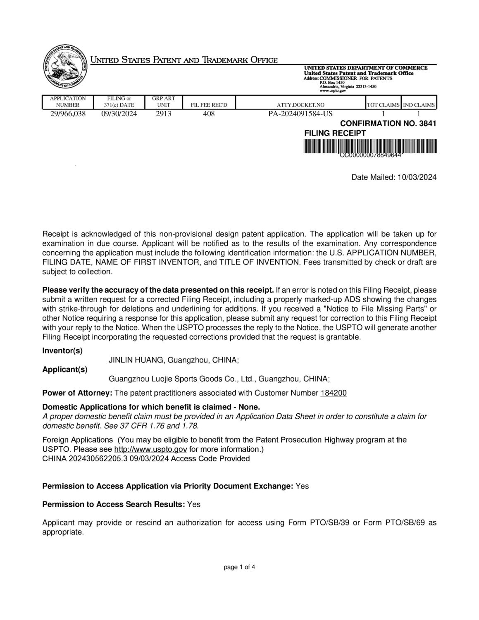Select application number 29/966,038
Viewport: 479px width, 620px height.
[x=68, y=114]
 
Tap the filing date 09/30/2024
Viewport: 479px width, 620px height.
[x=119, y=114]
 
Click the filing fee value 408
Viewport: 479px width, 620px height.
[x=209, y=114]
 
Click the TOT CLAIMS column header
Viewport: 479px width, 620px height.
[x=383, y=105]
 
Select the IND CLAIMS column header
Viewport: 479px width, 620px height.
[x=419, y=105]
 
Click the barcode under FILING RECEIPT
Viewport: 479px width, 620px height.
[x=370, y=147]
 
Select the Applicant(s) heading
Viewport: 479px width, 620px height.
[x=65, y=370]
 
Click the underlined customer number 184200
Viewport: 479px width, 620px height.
[x=334, y=393]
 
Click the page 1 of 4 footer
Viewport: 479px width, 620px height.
[x=239, y=568]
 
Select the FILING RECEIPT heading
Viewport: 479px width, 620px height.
[x=335, y=133]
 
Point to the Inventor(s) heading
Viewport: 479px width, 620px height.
[x=62, y=351]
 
